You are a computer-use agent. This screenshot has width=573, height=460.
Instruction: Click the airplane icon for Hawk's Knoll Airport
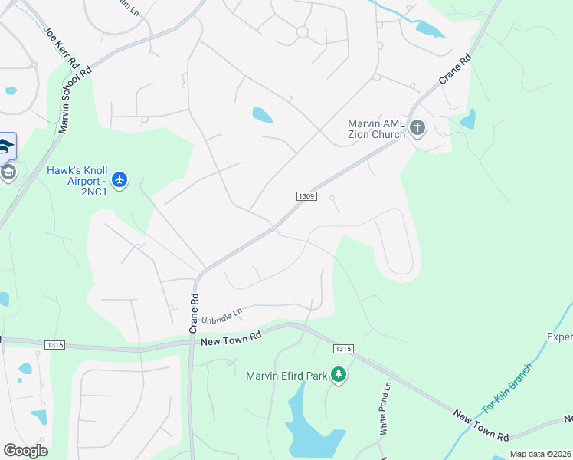[x=119, y=180]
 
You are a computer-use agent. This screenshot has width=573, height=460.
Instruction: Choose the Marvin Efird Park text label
[x=286, y=376]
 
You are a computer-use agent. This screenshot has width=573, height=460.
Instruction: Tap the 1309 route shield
[x=306, y=197]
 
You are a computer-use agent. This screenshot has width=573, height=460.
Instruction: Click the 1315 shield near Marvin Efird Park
[x=343, y=350]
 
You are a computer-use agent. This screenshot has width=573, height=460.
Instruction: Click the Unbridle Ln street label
[x=222, y=314]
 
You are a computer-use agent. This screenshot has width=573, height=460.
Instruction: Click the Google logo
[x=25, y=451]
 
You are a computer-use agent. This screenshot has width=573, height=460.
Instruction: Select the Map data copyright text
[x=541, y=454]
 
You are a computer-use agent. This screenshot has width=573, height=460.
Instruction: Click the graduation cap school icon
[x=6, y=146]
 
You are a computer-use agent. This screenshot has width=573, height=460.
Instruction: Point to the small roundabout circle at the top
[x=302, y=32]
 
